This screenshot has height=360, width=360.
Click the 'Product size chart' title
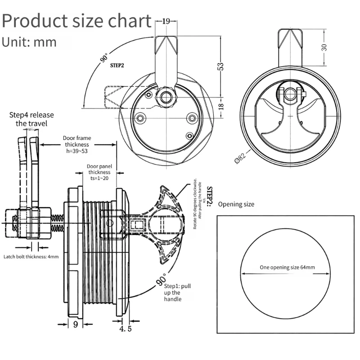[76, 21]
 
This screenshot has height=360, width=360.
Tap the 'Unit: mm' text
[29, 42]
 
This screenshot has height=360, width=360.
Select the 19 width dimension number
[166, 21]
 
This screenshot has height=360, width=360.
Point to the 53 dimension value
[220, 66]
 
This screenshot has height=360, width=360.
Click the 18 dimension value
[221, 106]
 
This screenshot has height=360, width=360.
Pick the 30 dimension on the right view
[324, 48]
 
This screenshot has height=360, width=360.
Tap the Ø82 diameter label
[240, 157]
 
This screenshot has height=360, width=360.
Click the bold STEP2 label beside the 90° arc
[117, 65]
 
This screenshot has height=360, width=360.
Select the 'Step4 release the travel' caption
[31, 119]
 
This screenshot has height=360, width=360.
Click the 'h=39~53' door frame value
[77, 151]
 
